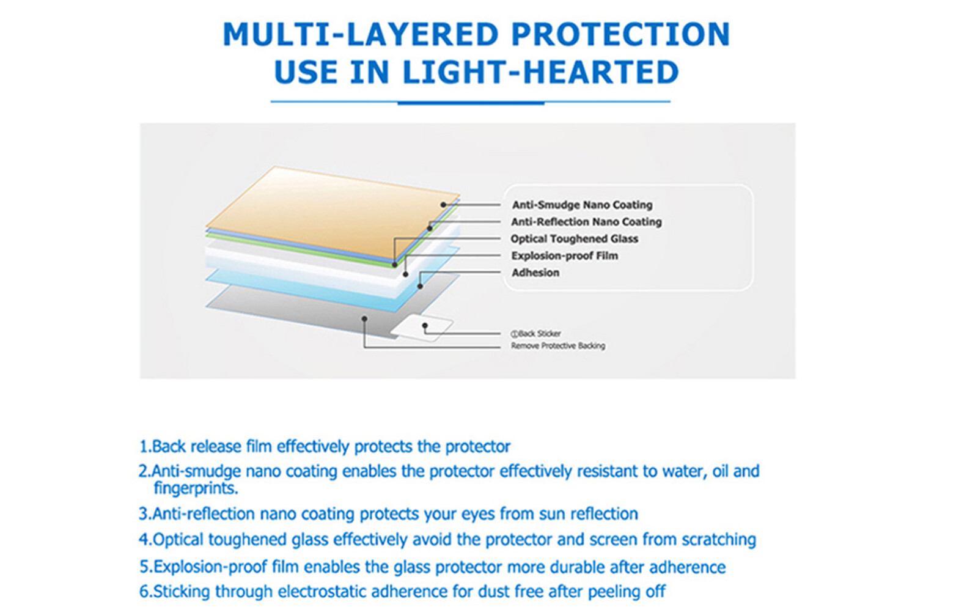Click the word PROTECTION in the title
coord(620,34)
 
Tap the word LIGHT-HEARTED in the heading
coord(541,72)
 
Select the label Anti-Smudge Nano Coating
coord(582,205)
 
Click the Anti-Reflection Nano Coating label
coord(586,222)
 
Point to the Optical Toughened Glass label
coord(574,239)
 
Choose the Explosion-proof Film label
coord(565,256)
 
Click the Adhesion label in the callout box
coord(535,273)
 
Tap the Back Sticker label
coord(535,334)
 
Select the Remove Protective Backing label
coord(558,346)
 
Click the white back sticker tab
coord(422,328)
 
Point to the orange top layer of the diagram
coord(332,211)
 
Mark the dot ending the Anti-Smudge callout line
coord(443,205)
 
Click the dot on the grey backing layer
coord(364,319)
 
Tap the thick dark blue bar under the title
coord(471,103)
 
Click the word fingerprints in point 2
coord(196,488)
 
